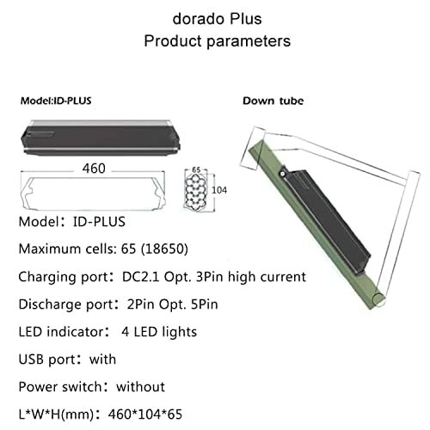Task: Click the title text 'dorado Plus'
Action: coord(217,19)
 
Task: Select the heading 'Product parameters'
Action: coord(217,40)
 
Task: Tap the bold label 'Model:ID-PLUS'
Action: coord(56,101)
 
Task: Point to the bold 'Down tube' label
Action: coord(273,101)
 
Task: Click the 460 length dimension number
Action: coord(94,169)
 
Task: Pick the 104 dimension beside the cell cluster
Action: coord(219,190)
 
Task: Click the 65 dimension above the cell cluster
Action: coord(196,169)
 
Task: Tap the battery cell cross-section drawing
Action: coord(195,191)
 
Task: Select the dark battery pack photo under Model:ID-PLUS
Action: coord(101,138)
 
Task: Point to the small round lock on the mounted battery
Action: coord(282,174)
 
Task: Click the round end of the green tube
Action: coord(378,300)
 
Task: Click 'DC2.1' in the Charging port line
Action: coord(140,277)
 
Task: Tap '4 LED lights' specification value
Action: coord(159,332)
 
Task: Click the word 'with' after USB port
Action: coord(102,359)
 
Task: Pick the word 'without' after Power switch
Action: coord(140,387)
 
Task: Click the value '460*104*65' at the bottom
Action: coord(145,415)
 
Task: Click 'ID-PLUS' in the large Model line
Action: coord(99,222)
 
